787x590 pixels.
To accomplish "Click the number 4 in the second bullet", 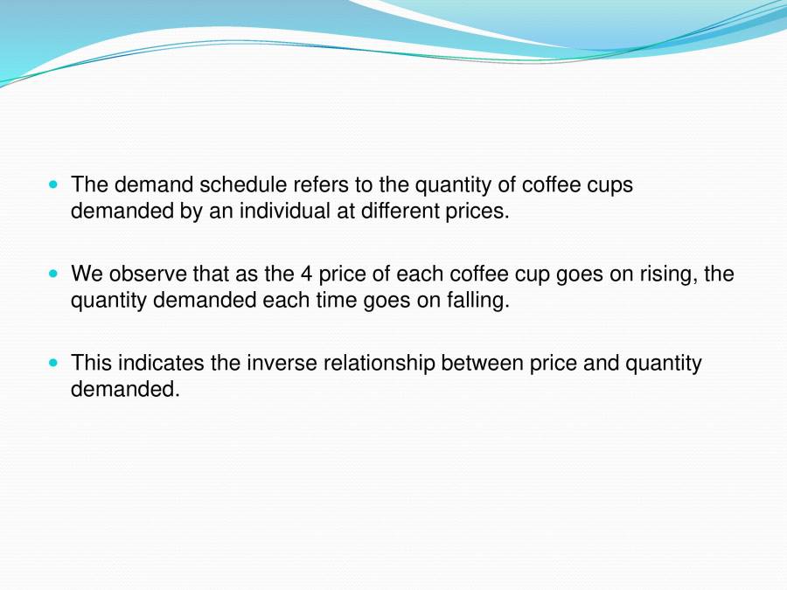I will [306, 274].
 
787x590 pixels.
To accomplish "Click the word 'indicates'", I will [160, 364].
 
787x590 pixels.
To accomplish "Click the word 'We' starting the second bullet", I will [85, 274].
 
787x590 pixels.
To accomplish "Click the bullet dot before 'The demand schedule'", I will [55, 185].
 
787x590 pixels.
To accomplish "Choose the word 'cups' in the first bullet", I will [610, 186].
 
